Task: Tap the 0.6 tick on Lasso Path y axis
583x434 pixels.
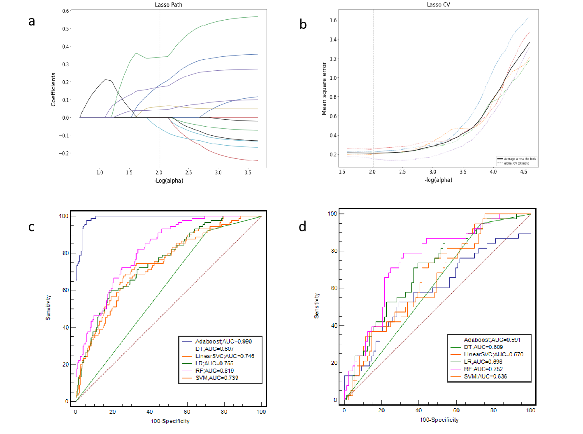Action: (x=66, y=11)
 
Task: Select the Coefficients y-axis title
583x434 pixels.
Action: (x=53, y=90)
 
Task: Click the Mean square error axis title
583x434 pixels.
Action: (x=324, y=88)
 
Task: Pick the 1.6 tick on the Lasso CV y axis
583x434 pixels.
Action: (x=333, y=20)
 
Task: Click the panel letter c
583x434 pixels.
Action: (x=31, y=226)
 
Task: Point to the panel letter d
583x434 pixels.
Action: (x=302, y=226)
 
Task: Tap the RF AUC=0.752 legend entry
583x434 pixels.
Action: (x=483, y=369)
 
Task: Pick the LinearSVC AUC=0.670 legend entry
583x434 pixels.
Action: (x=493, y=354)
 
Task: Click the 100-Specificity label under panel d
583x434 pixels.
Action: (x=439, y=420)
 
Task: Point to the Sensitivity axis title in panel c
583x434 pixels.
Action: (x=48, y=307)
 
